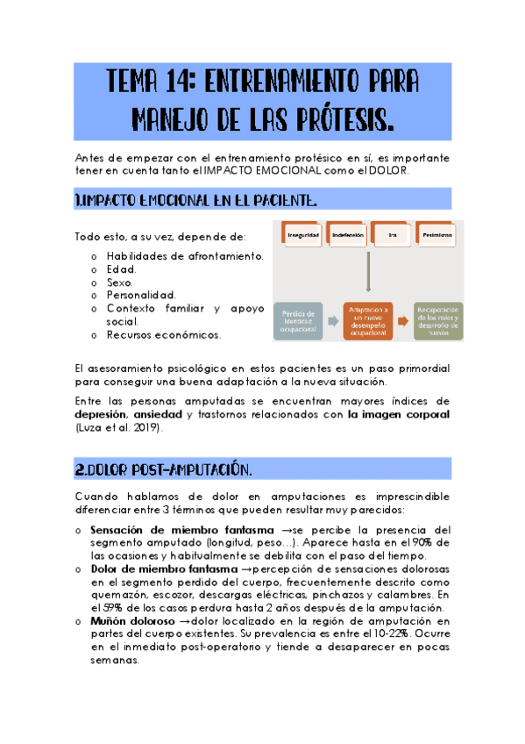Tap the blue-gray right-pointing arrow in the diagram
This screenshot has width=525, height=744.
[x=334, y=321]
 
